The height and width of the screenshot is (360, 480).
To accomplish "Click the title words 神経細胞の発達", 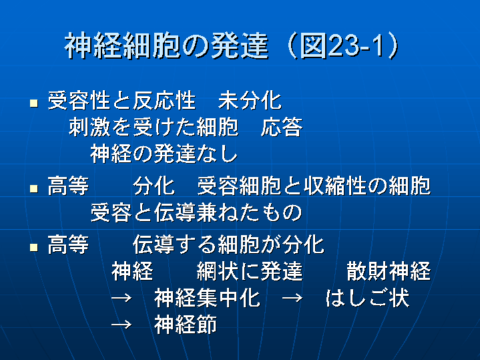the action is (167, 46).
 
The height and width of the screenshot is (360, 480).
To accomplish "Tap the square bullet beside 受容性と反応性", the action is (33, 103).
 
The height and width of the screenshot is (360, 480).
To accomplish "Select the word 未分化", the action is (250, 100).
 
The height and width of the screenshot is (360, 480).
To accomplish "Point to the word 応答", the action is (282, 126).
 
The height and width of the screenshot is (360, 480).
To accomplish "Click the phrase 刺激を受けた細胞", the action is (154, 126).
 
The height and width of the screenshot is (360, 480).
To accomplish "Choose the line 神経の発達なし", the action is (164, 153).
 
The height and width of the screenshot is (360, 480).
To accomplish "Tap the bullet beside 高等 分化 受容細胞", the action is (33, 188).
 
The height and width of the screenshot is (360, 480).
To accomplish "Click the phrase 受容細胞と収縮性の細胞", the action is (314, 186).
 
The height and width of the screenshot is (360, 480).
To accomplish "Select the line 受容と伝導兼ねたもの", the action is (196, 212).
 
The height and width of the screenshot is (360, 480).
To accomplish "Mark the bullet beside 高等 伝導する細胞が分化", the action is (33, 247).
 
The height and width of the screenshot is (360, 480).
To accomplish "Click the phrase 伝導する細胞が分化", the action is (228, 244).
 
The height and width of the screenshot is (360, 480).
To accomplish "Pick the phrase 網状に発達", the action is (250, 271).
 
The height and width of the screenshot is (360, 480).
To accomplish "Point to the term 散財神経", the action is (389, 271).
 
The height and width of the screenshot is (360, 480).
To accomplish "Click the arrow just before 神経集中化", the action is (122, 298).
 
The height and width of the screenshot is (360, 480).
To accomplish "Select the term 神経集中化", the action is (207, 298).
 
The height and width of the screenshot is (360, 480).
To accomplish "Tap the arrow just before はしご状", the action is (292, 298).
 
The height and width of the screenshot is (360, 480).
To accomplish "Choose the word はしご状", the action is (367, 298).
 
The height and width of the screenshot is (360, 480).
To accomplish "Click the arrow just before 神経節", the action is (122, 325).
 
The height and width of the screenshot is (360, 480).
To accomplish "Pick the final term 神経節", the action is (186, 325).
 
